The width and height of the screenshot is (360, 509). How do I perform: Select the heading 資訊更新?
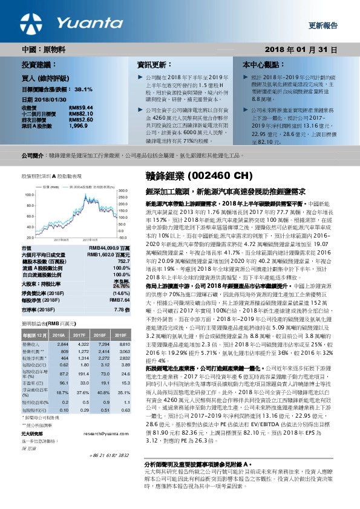(151, 64)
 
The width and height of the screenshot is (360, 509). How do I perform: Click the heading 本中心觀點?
(260, 64)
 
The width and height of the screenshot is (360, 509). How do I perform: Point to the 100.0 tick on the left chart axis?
(30, 195)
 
